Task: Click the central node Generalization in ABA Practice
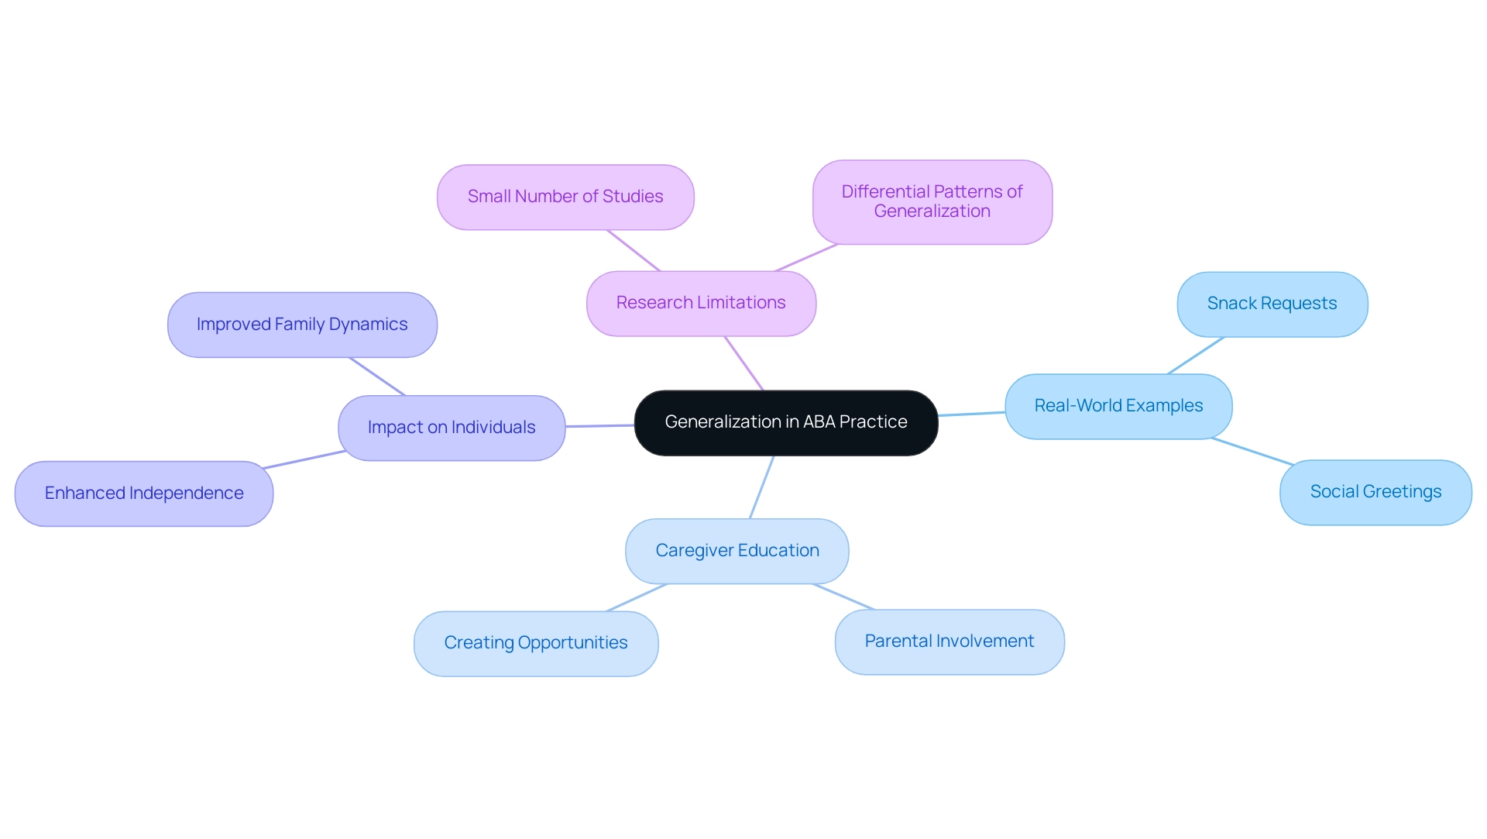(x=785, y=423)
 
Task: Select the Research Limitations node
(x=701, y=304)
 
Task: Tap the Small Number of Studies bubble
(x=565, y=198)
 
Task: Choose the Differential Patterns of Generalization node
(x=932, y=202)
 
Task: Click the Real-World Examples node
(x=1118, y=407)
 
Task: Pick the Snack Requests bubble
(x=1272, y=304)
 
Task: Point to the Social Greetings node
(x=1375, y=493)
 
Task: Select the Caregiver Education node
(x=737, y=552)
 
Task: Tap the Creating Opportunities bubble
(x=536, y=644)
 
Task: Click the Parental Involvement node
(x=949, y=642)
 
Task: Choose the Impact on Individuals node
(x=452, y=428)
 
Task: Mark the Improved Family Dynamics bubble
(x=302, y=325)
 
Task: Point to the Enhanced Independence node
(x=144, y=494)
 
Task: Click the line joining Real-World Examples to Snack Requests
(x=1196, y=356)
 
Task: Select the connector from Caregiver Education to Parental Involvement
(x=843, y=597)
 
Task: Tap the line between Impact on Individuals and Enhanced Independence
(x=304, y=459)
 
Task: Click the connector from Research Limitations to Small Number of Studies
(x=634, y=250)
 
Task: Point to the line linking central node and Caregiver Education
(x=761, y=487)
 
